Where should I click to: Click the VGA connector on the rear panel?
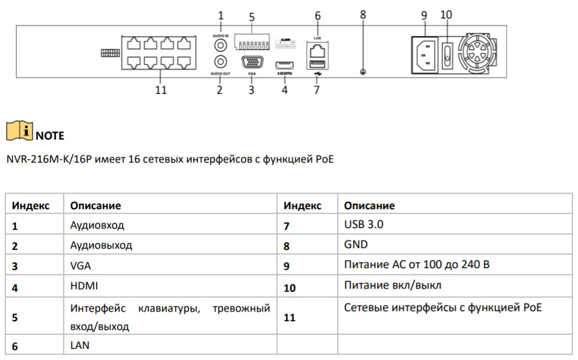(252, 62)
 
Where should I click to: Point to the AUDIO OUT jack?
(221, 61)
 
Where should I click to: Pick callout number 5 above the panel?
(252, 17)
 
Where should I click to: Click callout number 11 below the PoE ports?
(160, 90)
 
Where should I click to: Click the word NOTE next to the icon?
(50, 136)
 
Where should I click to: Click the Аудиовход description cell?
(97, 225)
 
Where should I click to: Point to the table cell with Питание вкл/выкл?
(392, 285)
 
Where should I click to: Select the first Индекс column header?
(31, 206)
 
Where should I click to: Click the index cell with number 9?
(287, 266)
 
